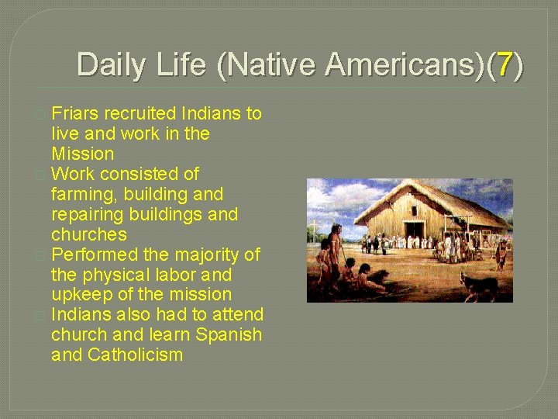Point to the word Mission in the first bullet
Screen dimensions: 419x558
coord(82,154)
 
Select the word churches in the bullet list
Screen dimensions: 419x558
coord(89,234)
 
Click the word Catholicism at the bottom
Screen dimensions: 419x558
coord(136,355)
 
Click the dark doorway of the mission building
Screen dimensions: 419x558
coord(414,230)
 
